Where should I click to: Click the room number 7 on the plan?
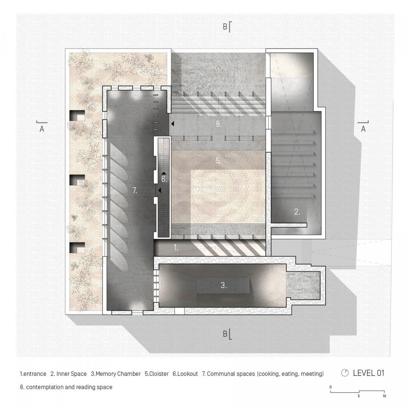(135, 191)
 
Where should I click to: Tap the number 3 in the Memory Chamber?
(224, 286)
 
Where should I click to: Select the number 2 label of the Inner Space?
(297, 212)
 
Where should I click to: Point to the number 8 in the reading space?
(218, 124)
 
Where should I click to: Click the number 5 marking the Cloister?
(218, 161)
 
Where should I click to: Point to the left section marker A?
(42, 129)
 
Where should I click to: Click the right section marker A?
(363, 129)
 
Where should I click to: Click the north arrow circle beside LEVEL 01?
(345, 373)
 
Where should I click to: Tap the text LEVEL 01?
(369, 373)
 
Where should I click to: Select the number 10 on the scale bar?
(384, 396)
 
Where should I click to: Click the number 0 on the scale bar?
(331, 387)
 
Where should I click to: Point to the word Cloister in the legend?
(158, 374)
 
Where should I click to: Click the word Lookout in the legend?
(187, 374)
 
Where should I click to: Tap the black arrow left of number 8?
(172, 124)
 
